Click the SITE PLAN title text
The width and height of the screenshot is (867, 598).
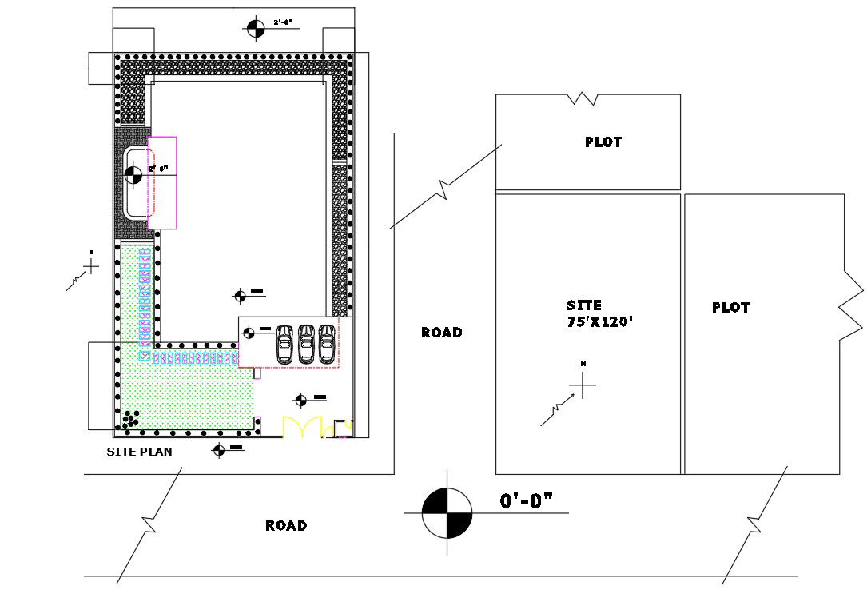140,452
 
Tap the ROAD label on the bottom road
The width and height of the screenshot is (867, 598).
285,525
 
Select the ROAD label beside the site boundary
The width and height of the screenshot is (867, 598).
441,333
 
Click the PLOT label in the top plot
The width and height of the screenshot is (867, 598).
603,142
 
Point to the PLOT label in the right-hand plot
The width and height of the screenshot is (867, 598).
730,308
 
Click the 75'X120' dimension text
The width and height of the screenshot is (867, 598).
599,321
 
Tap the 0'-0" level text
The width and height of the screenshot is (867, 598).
527,501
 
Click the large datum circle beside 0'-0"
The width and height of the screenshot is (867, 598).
447,513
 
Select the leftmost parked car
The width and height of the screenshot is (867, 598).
284,344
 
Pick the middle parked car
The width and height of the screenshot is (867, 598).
306,344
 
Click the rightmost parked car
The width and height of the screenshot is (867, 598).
327,344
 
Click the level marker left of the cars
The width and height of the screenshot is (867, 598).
249,332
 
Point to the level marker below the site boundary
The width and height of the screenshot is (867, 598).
218,450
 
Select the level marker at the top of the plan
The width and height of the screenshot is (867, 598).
255,28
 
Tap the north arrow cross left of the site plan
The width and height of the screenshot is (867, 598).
91,265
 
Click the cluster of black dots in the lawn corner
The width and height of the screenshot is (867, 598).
130,418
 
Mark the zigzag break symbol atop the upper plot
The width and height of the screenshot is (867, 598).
583,98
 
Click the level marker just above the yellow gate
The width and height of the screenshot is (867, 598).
300,401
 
